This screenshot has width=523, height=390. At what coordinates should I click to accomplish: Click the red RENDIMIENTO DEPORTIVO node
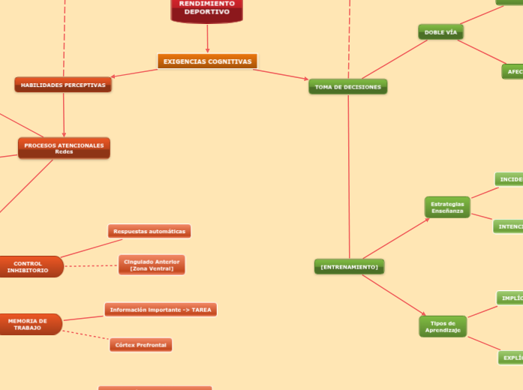(x=207, y=9)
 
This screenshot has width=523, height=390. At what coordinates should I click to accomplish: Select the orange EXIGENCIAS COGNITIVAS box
(x=207, y=61)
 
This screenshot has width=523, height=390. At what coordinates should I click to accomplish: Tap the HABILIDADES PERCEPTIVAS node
(x=63, y=85)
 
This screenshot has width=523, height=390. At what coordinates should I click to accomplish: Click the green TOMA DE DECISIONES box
(x=347, y=87)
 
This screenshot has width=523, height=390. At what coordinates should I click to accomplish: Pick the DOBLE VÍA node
(x=440, y=32)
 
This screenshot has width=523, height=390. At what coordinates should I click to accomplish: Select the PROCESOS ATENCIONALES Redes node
(x=64, y=148)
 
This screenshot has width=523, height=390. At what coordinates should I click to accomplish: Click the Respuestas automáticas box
(x=149, y=231)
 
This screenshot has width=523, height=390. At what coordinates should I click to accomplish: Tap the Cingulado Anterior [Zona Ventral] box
(x=152, y=265)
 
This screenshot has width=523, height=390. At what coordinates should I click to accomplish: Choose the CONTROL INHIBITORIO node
(x=29, y=266)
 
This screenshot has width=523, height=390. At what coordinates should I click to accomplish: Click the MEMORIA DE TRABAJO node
(x=28, y=324)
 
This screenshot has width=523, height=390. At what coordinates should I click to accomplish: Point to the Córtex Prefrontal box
(x=141, y=345)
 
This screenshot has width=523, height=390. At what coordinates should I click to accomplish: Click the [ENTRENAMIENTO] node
(x=349, y=266)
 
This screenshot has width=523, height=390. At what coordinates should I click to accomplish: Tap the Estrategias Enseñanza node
(x=447, y=207)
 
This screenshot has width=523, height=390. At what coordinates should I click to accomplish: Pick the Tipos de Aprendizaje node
(x=443, y=326)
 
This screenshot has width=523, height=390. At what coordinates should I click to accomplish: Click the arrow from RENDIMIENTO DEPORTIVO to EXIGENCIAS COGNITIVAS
(x=207, y=38)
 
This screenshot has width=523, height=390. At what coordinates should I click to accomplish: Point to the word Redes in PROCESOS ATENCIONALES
(x=64, y=152)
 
